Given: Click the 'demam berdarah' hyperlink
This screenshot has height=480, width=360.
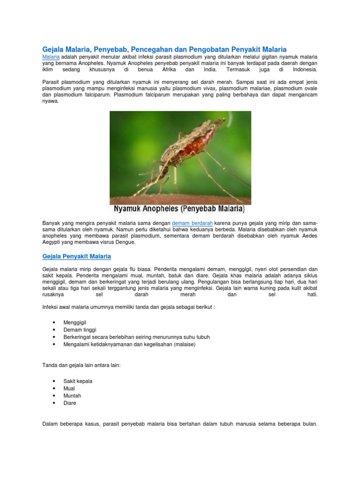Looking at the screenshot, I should pyautogui.click(x=193, y=223).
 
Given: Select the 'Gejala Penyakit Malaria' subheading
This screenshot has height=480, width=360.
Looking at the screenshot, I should pyautogui.click(x=76, y=256).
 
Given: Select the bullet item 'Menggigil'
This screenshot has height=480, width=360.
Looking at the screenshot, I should pyautogui.click(x=75, y=323).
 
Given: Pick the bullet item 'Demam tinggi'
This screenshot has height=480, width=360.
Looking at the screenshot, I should pyautogui.click(x=80, y=330).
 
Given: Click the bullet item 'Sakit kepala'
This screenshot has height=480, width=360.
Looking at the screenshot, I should pyautogui.click(x=78, y=381).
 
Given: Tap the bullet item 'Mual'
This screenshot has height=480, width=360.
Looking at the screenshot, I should pyautogui.click(x=69, y=389).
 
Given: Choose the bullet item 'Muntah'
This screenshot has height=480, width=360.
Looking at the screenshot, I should pyautogui.click(x=72, y=396).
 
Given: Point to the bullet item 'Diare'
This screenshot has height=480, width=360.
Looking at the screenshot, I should pyautogui.click(x=70, y=403).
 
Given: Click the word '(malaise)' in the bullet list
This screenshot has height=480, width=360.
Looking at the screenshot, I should pyautogui.click(x=184, y=344).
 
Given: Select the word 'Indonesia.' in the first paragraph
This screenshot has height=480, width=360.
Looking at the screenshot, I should pyautogui.click(x=305, y=69).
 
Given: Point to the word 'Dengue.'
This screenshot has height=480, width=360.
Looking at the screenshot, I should pyautogui.click(x=124, y=242).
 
